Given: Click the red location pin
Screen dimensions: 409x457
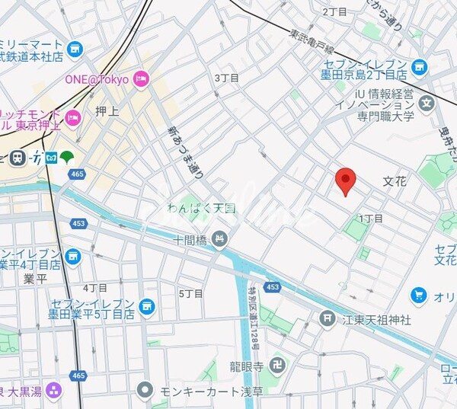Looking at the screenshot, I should click(346, 180).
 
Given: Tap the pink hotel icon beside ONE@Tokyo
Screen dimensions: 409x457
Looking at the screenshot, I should click(140, 78).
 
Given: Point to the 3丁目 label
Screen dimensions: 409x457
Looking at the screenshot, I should click(226, 78).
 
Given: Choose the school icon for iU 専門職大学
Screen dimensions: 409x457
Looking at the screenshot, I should click(427, 103).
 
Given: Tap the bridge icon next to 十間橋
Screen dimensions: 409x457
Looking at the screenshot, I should click(220, 239).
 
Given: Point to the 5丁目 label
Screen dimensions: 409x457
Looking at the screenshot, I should click(190, 293).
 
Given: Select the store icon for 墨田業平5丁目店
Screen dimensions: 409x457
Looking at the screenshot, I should click(146, 307).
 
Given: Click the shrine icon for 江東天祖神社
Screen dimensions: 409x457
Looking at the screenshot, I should click(328, 317).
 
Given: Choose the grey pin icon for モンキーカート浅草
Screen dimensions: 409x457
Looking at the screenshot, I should click(145, 391).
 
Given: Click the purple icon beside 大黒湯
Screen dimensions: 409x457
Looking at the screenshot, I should click(53, 391).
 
